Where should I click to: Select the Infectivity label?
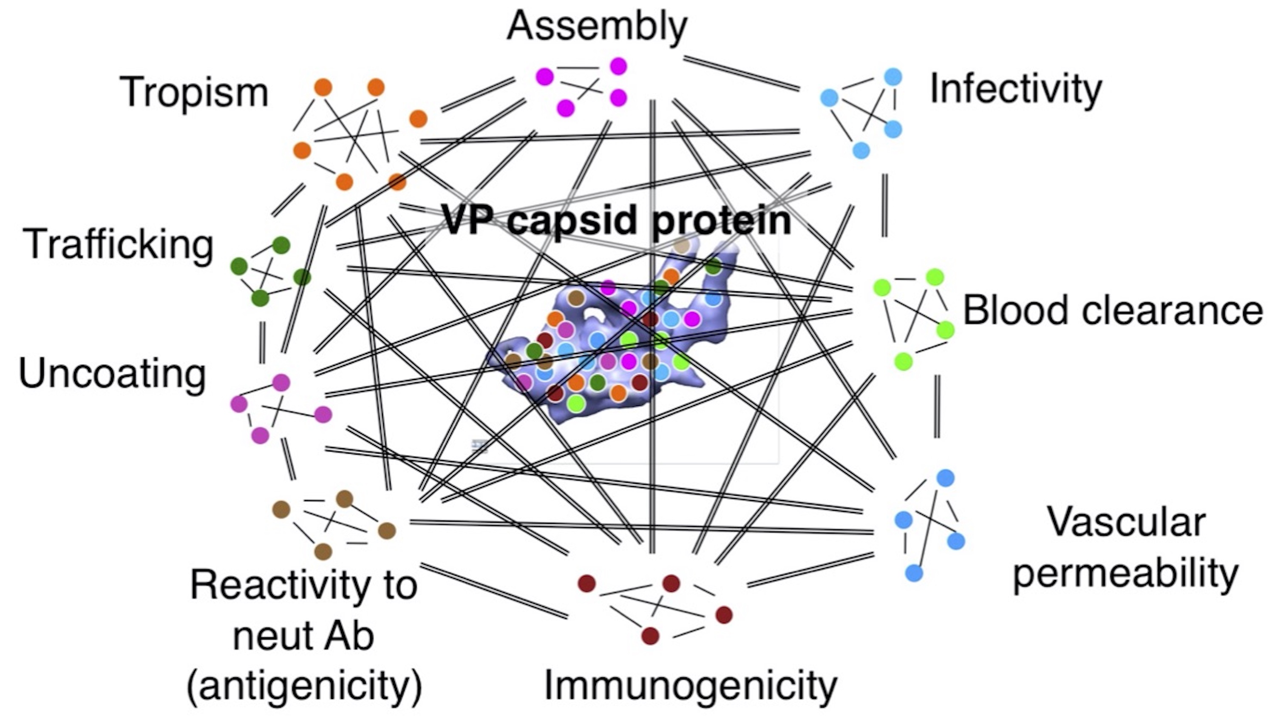point(1016,89)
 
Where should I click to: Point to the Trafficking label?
point(118,244)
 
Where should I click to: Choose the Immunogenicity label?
point(691,686)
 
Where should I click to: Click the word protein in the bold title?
point(722,219)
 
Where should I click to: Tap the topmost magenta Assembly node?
point(618,66)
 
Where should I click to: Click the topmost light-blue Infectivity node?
point(893,77)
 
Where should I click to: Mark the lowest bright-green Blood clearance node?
point(903,361)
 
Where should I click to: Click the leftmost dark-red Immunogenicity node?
point(587,583)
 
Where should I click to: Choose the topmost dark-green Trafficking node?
point(281,244)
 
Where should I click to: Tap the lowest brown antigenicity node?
point(323,551)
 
